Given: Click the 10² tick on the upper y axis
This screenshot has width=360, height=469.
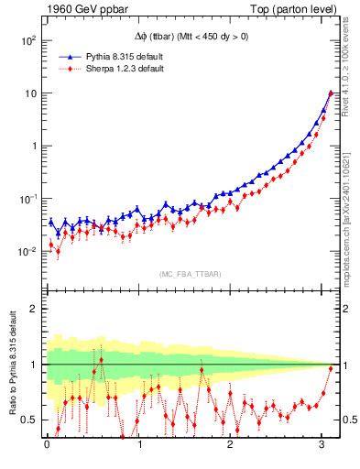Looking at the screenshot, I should (27, 41).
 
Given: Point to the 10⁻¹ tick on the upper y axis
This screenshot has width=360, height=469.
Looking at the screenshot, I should (27, 199).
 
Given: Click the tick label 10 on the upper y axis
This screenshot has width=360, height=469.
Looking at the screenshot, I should (29, 93).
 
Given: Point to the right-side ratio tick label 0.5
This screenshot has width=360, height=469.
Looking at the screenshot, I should (350, 420).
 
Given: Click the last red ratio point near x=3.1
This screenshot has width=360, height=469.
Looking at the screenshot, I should (331, 369).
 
